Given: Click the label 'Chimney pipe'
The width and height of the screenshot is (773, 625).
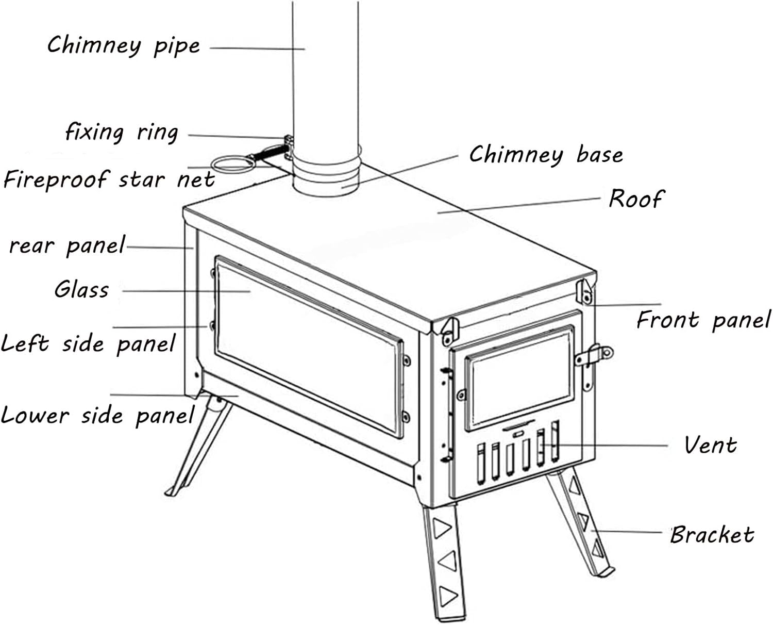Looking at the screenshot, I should [x=124, y=45].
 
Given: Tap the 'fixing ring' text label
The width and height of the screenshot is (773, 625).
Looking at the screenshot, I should [x=122, y=133].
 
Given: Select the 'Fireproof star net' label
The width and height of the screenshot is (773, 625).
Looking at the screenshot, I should [x=109, y=180].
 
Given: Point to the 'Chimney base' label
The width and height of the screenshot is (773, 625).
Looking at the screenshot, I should [x=546, y=155].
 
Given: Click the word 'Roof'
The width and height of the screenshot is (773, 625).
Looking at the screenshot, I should [x=636, y=199].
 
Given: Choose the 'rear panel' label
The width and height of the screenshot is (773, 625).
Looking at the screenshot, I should [x=67, y=246].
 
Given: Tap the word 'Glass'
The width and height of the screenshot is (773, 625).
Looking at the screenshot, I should [x=82, y=289].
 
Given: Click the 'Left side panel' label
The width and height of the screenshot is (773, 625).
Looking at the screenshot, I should [x=88, y=344].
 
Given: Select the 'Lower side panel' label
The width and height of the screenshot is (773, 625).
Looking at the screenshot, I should [x=97, y=416].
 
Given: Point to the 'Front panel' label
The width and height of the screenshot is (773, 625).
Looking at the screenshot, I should [x=703, y=320].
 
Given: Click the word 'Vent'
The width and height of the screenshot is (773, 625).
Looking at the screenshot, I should [x=710, y=445].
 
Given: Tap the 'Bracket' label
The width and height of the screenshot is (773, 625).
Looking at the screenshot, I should [x=712, y=535].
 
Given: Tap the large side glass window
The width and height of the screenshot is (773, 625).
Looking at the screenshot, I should [x=309, y=346].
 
